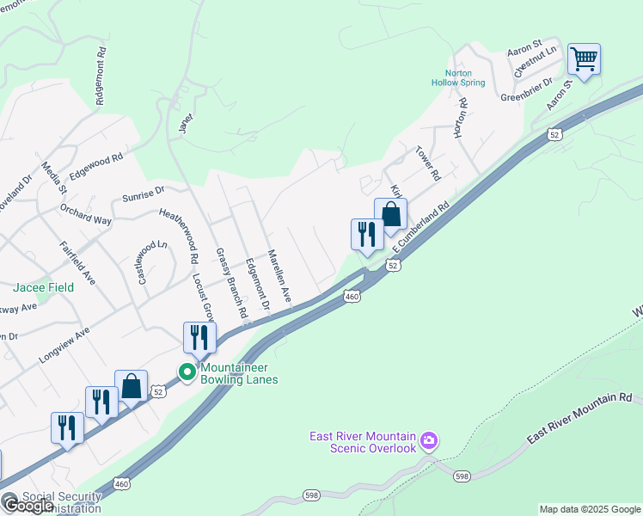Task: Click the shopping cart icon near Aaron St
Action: [584, 59]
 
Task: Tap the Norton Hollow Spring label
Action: [465, 77]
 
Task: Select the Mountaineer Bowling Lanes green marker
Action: [186, 372]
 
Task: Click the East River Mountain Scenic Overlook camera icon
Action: [429, 441]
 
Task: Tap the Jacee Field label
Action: [42, 287]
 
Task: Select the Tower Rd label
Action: [427, 163]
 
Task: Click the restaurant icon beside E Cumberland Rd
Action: [367, 234]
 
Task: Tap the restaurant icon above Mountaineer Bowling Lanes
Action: [199, 337]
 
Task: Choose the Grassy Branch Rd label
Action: [231, 280]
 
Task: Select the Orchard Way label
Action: [86, 213]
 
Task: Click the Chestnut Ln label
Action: [536, 62]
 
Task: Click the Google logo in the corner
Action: [28, 506]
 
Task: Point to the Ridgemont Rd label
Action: [101, 76]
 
